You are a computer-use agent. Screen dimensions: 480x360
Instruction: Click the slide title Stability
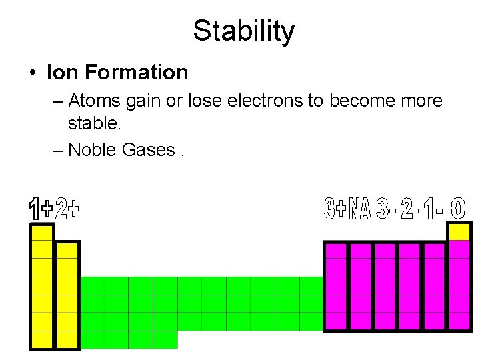coord(243,31)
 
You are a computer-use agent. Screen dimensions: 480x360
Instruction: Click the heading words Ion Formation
coord(117,71)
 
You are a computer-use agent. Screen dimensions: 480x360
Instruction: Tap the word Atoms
coord(92,101)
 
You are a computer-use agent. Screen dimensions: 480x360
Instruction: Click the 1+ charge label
coord(41,209)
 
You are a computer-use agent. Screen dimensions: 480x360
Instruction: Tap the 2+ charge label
coord(67,209)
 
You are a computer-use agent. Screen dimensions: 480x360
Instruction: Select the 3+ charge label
coord(335,209)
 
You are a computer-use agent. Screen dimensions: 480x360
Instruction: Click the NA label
coord(360,209)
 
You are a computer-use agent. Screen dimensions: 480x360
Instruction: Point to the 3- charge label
coord(386,209)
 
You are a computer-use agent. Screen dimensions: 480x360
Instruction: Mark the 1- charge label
coord(433,209)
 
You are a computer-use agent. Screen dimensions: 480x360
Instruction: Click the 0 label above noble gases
coord(459,209)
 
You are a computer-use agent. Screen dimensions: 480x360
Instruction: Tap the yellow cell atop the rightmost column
coord(459,231)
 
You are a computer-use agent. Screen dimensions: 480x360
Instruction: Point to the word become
coord(359,101)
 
